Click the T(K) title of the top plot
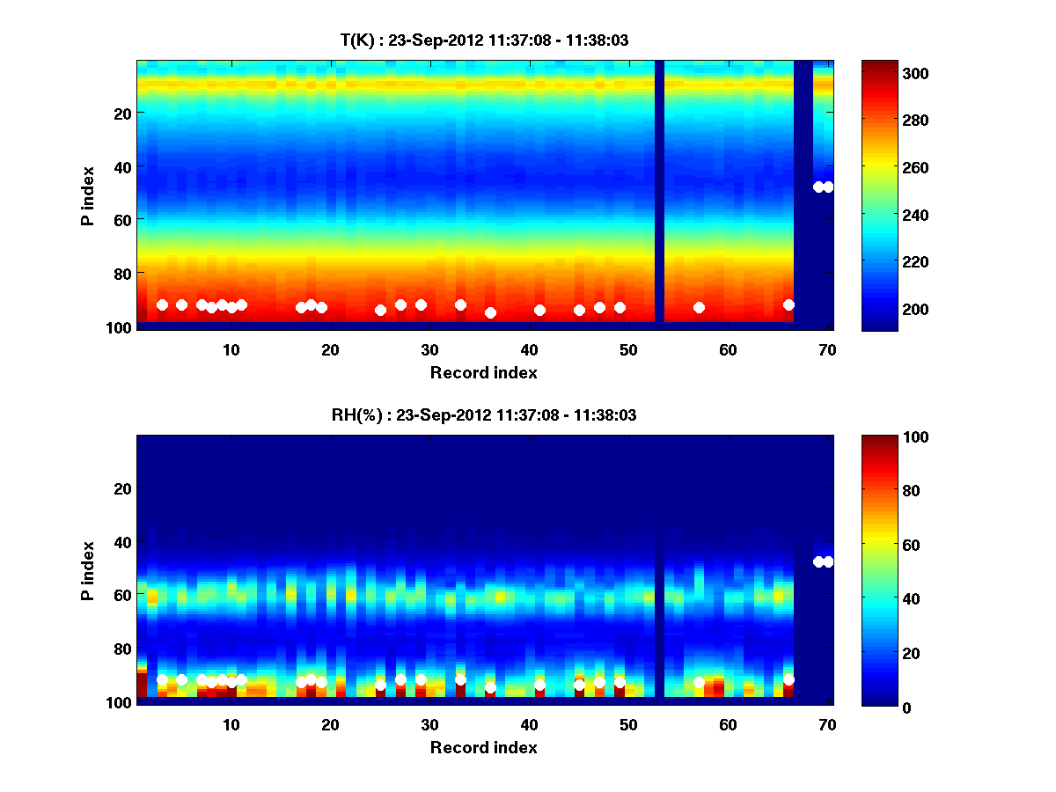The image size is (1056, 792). click(x=484, y=40)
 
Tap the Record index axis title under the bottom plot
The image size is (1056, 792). click(x=484, y=747)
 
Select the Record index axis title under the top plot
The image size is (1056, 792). click(x=484, y=372)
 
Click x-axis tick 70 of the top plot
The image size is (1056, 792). click(x=827, y=348)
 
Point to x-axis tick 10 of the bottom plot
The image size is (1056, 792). click(x=231, y=723)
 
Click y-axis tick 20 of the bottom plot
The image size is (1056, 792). click(x=123, y=488)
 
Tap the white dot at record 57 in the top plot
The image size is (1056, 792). click(x=699, y=307)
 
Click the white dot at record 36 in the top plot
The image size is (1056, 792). click(x=490, y=312)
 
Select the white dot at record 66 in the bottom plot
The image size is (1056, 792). click(x=788, y=679)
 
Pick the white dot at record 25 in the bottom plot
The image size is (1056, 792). click(x=381, y=685)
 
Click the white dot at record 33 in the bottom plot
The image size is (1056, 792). click(x=460, y=679)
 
